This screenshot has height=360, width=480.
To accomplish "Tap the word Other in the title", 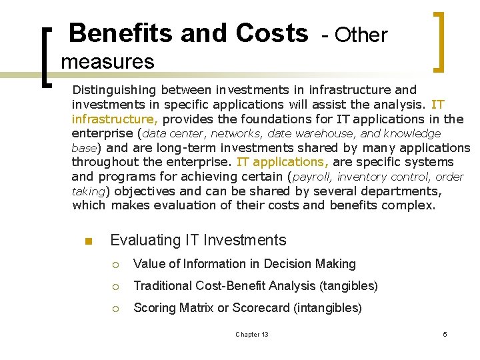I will tap(361, 35).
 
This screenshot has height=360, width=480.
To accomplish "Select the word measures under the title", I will tap(107, 62).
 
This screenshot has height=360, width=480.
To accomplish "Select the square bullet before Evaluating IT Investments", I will tap(87, 241).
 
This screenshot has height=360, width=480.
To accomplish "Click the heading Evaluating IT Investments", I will tap(198, 240).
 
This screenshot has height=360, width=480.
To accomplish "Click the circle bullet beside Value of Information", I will tap(115, 265).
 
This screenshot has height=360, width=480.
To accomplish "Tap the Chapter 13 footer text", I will tap(252, 334).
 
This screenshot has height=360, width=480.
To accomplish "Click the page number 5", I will tap(445, 334).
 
